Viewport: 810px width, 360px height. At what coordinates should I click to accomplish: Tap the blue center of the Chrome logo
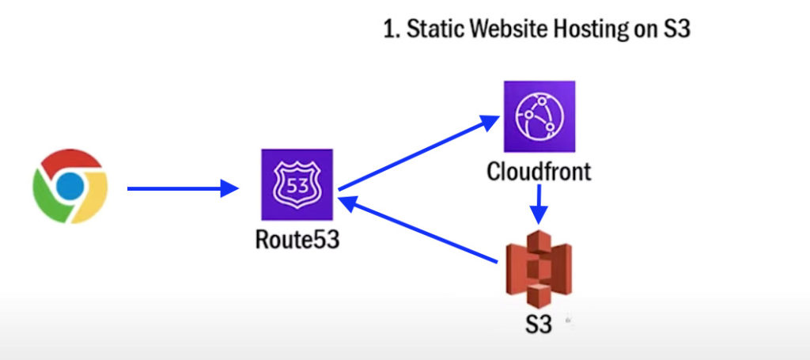click(70, 185)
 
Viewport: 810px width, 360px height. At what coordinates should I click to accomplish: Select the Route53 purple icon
click(297, 184)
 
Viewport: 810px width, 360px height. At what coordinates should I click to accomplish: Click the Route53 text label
click(297, 239)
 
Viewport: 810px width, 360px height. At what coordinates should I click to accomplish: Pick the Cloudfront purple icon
click(539, 116)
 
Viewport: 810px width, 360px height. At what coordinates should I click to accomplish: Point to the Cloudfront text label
click(539, 171)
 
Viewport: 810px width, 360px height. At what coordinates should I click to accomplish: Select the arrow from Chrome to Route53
click(182, 188)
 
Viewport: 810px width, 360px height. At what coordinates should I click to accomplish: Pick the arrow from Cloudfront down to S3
click(539, 204)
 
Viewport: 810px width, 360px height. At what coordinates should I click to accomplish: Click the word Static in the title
click(437, 31)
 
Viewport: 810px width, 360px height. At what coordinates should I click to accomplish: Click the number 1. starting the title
click(391, 31)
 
